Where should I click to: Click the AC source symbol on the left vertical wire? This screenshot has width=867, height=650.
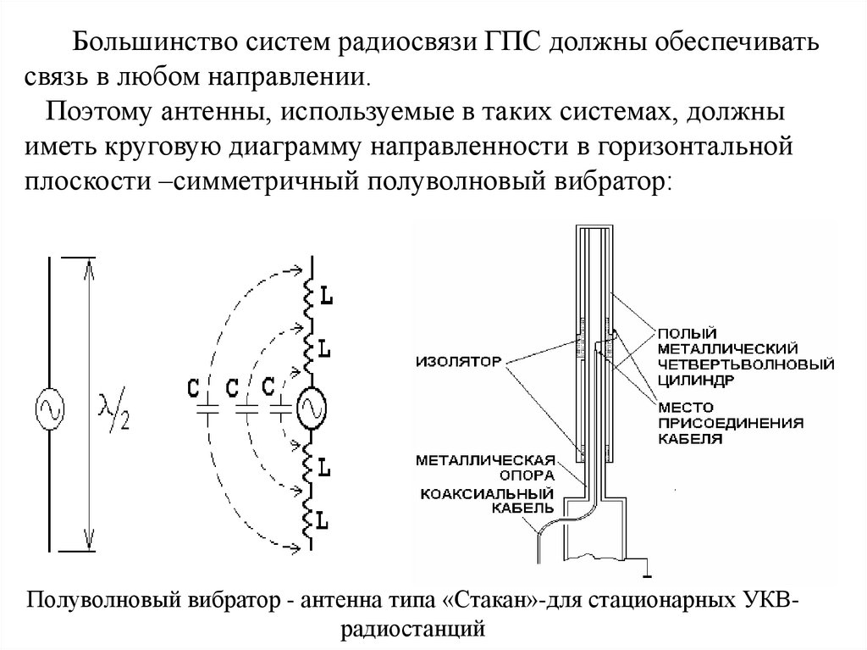[x=49, y=411]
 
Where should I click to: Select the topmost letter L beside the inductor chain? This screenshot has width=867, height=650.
[x=327, y=297]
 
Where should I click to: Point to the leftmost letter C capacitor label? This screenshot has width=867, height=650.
[x=195, y=388]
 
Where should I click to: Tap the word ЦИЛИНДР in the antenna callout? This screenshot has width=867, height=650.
[x=691, y=381]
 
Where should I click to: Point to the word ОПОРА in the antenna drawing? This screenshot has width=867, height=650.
[x=530, y=476]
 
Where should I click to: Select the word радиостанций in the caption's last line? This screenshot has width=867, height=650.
[x=412, y=630]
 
